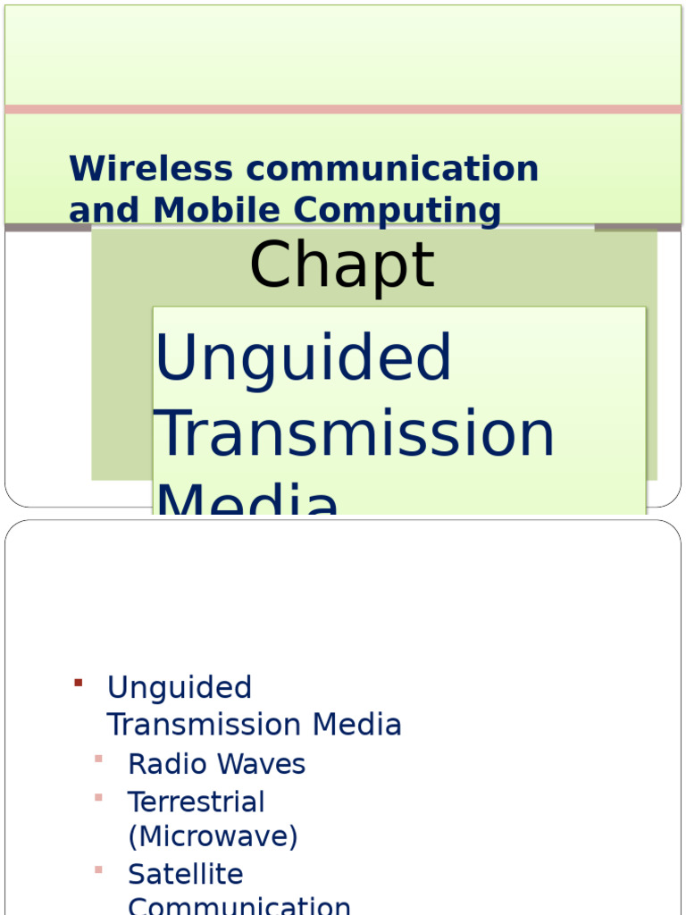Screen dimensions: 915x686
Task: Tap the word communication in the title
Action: coord(389,169)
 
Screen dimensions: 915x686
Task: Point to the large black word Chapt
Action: coord(341,266)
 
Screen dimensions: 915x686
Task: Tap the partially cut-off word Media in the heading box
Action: coord(247,501)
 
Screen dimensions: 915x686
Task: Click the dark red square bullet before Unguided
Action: coord(79,684)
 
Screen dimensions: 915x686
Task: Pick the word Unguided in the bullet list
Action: coord(179,688)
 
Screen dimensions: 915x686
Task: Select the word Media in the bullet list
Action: coord(361,725)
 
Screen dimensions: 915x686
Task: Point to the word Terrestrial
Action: coord(196,802)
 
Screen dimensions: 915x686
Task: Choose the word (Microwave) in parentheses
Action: coord(213,837)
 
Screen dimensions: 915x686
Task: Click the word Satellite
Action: coord(185,874)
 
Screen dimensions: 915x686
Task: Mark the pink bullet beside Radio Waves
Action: coord(98,760)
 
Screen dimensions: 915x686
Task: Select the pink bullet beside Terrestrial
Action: coord(98,797)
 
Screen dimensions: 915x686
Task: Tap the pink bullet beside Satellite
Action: coord(98,869)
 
